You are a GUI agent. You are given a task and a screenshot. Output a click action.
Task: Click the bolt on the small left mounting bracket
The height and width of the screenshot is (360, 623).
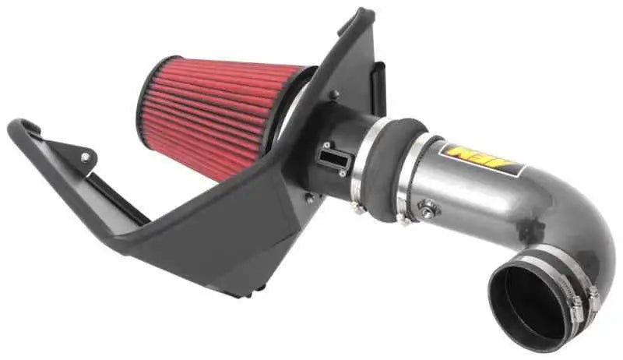click(84, 157)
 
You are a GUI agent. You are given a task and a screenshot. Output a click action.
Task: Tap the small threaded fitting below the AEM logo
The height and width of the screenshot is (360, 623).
click(427, 208)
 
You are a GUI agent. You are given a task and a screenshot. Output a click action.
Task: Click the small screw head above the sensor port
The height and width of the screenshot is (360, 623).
click(334, 95)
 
